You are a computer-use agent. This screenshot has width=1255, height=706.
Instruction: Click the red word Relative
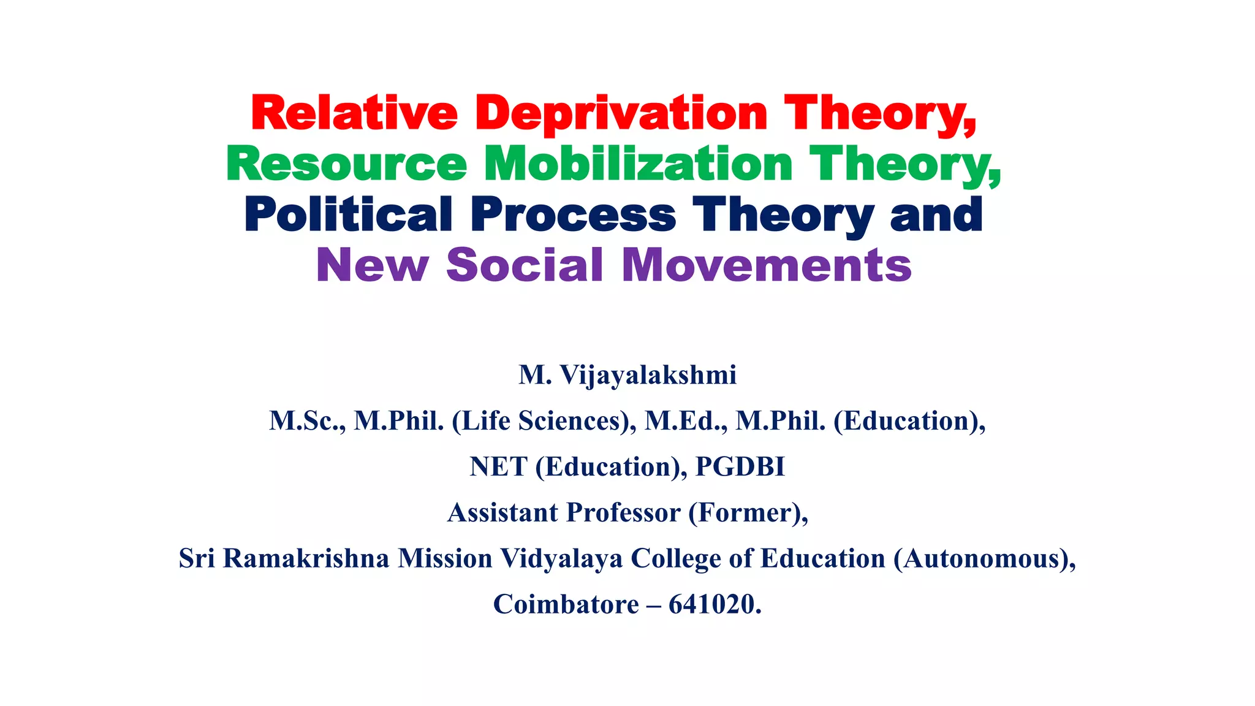pos(354,113)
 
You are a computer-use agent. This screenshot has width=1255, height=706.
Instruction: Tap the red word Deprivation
pos(621,115)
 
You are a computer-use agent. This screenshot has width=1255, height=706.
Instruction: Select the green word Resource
pos(346,164)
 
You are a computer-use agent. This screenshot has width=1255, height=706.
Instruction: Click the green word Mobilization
pos(639,164)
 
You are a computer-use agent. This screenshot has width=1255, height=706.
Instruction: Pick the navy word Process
pos(574,214)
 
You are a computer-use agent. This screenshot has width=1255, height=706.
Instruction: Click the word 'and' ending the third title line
pos(936,214)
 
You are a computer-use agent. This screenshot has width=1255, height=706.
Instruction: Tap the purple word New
pos(372,265)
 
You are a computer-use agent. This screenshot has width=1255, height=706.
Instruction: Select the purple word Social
pos(525,265)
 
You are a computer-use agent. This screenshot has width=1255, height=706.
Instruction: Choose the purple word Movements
pos(767,265)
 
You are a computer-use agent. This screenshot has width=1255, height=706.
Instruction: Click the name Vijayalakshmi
pos(648,375)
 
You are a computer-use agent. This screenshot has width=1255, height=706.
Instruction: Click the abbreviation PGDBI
pos(740,467)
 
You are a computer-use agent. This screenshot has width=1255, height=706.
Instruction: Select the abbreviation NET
pos(498,467)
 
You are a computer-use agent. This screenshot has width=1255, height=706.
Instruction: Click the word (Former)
pos(748,513)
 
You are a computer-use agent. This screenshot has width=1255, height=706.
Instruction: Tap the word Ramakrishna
pos(306,558)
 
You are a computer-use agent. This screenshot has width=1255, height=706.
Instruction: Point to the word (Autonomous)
pos(984,558)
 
